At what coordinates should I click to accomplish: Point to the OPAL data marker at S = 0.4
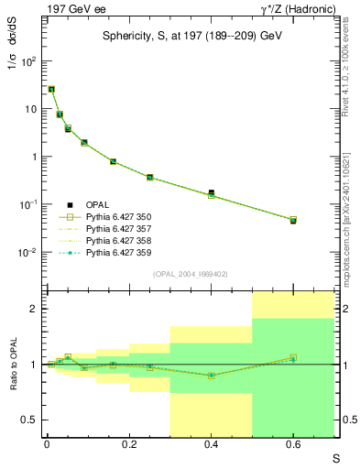[x=212, y=192]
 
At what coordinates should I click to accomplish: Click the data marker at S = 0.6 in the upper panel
[x=293, y=221]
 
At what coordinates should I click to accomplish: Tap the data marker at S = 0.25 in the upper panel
[x=149, y=177]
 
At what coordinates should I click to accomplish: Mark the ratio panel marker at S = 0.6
[x=293, y=358]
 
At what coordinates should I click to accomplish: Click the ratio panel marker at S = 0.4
[x=212, y=376]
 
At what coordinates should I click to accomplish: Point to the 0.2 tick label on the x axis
[x=129, y=442]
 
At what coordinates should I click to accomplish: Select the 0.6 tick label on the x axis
[x=293, y=442]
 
